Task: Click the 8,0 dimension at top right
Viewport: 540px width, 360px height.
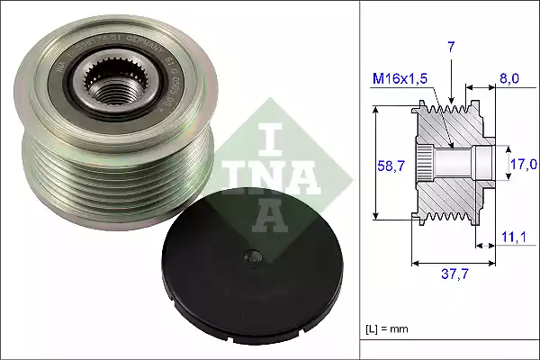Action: coord(509,78)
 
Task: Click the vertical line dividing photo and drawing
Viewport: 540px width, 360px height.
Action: coord(358,180)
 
